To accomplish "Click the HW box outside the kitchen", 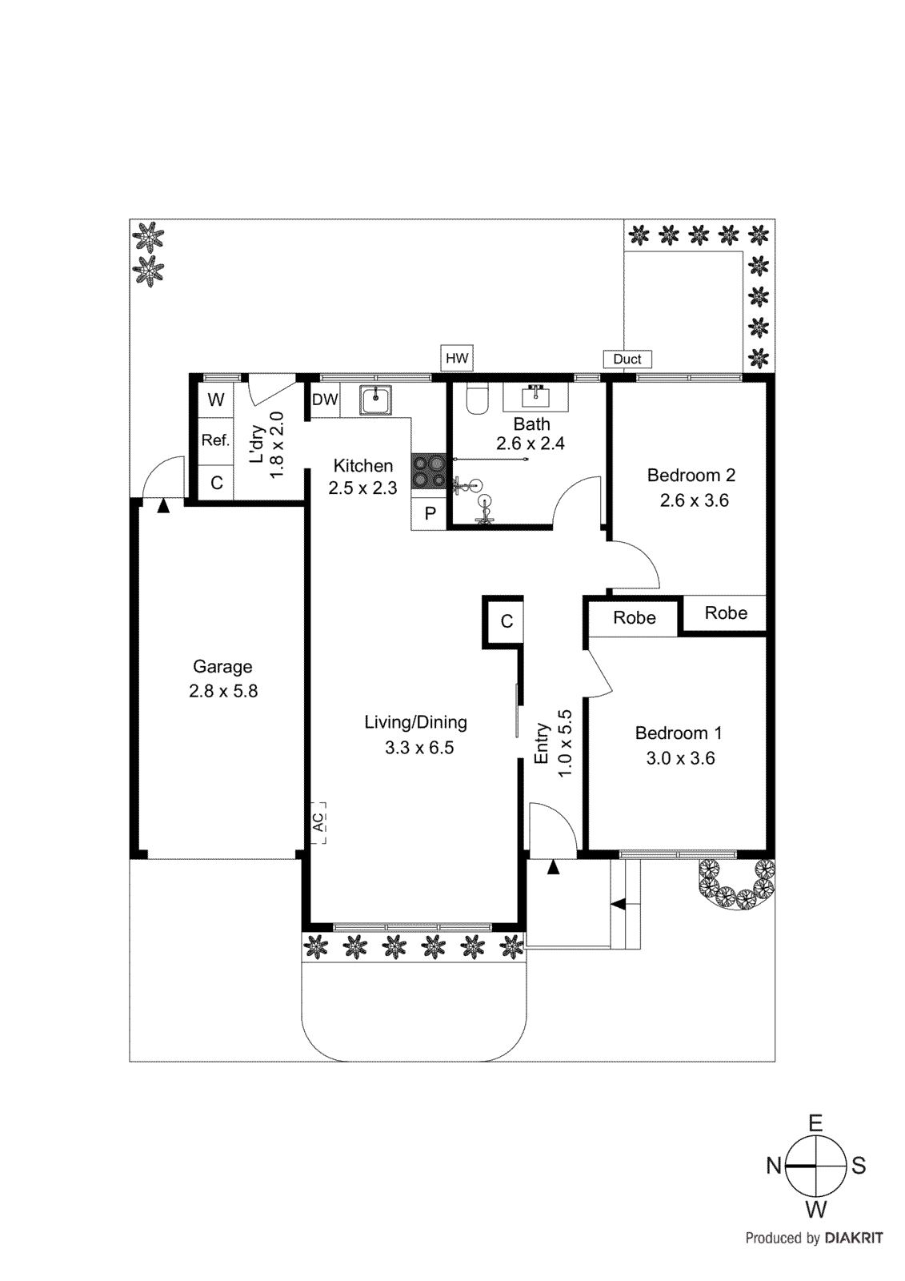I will (x=457, y=358).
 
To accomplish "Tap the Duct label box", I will (x=627, y=359).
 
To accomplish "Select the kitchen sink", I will (x=375, y=399).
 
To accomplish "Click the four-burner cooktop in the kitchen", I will (x=429, y=471).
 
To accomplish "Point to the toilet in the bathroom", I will (x=477, y=399).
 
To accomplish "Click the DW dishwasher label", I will (x=325, y=400).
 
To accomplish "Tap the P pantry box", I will (x=430, y=513).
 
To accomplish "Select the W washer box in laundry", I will (x=216, y=400).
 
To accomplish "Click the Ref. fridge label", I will (x=215, y=440).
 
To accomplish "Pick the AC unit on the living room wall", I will (x=318, y=822).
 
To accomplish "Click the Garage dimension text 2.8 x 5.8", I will (x=223, y=691).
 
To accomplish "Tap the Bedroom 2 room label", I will (x=691, y=475).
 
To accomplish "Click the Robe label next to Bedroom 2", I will (x=726, y=613).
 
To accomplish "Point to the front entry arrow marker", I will (x=553, y=866).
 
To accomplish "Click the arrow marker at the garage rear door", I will (x=163, y=505).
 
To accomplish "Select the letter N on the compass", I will (x=773, y=1166).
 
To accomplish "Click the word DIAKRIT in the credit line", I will (x=853, y=1238).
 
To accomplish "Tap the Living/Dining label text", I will (x=415, y=722).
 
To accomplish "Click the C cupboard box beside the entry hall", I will (x=507, y=621).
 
